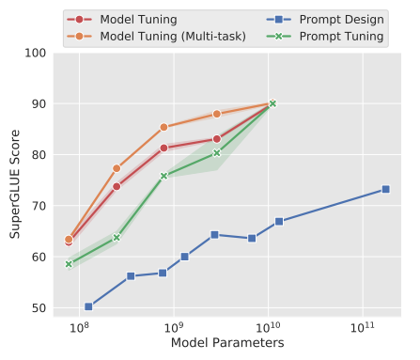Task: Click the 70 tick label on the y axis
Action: [x=39, y=206]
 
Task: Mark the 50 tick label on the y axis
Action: [x=39, y=307]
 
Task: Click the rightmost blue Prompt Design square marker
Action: [x=385, y=189]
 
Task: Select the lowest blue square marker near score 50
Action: [x=88, y=306]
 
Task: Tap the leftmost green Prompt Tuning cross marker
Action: [x=69, y=263]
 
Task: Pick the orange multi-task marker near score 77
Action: [x=117, y=168]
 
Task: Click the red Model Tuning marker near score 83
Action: [x=217, y=139]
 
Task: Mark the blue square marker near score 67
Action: [x=279, y=221]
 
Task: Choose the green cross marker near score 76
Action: [x=163, y=176]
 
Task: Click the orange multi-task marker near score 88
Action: [x=217, y=114]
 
